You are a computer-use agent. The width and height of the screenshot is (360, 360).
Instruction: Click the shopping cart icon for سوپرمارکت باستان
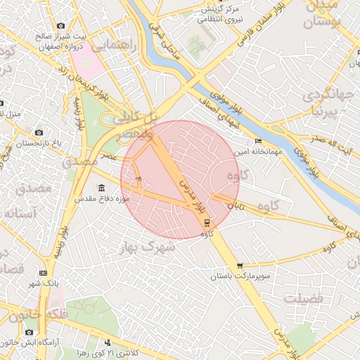click(240, 266)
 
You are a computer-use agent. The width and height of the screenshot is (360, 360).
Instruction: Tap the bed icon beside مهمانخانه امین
click(258, 141)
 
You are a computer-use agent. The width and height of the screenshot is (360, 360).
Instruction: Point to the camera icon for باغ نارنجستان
click(39, 132)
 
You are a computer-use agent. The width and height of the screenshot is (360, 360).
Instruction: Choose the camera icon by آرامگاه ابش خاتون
click(30, 332)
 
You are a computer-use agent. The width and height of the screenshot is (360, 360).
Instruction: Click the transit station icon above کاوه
click(206, 222)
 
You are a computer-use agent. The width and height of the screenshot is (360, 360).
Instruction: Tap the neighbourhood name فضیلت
click(307, 300)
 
